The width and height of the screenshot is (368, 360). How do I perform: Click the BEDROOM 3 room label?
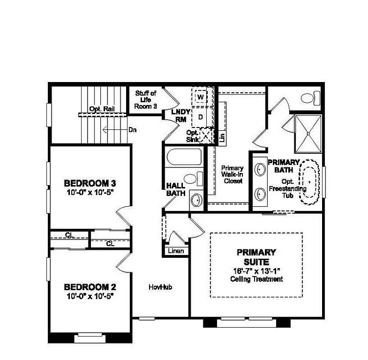coord(90,183)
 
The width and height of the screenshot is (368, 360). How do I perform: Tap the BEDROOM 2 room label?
coord(90,287)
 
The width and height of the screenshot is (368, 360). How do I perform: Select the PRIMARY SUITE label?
coord(256,256)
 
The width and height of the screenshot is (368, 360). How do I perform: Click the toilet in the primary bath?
coord(309,98)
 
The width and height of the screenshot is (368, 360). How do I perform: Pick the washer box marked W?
coord(201,97)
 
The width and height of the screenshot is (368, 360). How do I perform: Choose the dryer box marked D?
coord(201,117)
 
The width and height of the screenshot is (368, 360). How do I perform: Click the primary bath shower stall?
coord(308,134)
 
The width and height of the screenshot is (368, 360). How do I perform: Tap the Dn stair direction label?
coord(132,129)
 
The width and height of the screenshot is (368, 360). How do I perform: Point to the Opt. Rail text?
coord(103,109)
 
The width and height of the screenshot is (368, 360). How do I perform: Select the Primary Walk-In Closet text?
coord(233,174)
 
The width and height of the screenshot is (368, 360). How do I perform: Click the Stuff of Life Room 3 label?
coord(146,100)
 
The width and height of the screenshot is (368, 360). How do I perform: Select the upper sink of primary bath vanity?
coord(259,168)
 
